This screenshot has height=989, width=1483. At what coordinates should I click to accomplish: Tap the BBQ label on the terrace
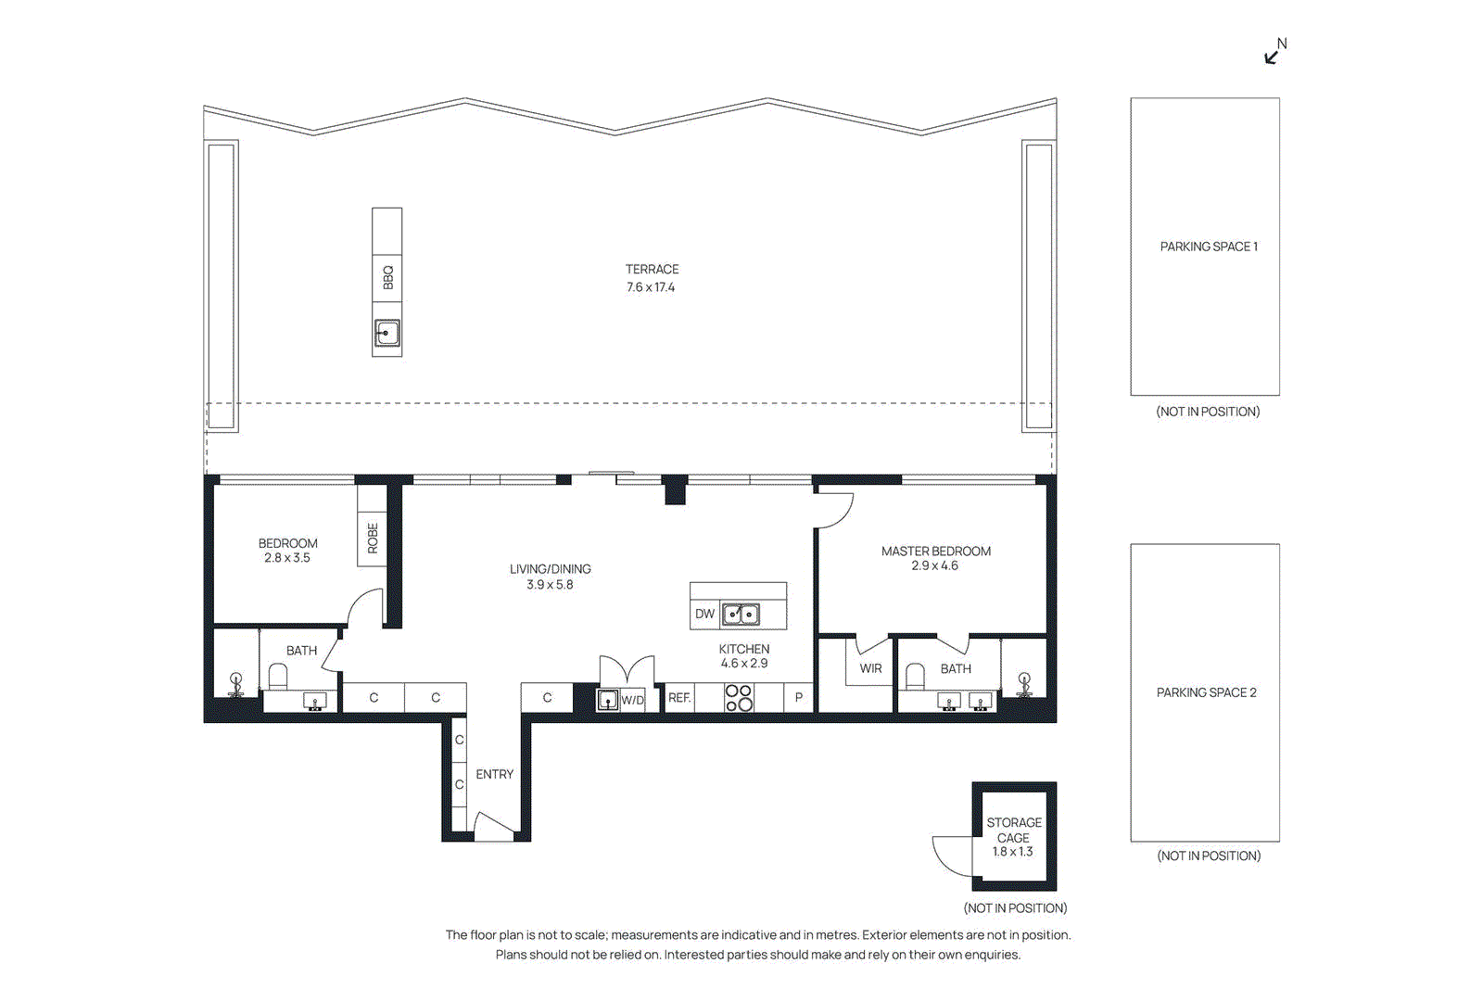point(387,277)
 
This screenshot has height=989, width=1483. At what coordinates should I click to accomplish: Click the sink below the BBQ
point(387,333)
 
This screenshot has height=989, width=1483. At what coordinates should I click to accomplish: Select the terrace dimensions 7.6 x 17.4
point(651,287)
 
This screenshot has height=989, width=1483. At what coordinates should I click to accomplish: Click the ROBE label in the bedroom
point(373,538)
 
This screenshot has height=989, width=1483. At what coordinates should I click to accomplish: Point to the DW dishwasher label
point(704,614)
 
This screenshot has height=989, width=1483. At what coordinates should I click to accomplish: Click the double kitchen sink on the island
point(741,614)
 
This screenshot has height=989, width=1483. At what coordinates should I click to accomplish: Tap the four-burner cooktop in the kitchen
point(739,698)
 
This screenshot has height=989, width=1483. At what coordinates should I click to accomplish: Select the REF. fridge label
point(679,698)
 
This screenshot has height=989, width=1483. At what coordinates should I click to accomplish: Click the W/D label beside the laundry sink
point(632,700)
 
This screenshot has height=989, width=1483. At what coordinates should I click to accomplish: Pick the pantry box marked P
point(798,697)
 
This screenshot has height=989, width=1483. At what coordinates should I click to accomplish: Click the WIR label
point(870,668)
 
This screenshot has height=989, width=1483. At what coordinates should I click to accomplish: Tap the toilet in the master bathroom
point(915,676)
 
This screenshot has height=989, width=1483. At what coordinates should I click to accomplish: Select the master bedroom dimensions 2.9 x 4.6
point(934,565)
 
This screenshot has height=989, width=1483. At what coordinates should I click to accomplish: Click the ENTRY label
point(494,774)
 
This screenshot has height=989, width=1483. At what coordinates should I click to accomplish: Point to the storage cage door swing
point(951,855)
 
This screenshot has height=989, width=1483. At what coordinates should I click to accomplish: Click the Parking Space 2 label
point(1206,692)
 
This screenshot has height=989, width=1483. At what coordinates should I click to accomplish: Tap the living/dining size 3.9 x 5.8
point(550,585)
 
